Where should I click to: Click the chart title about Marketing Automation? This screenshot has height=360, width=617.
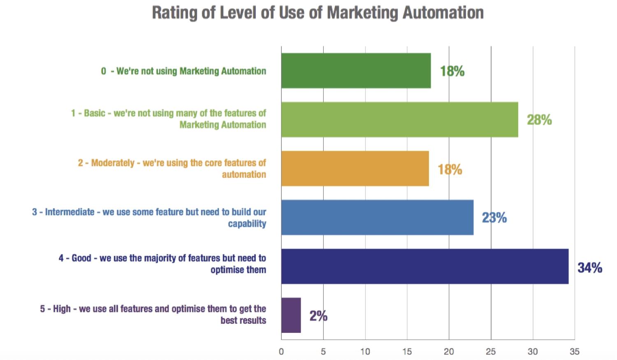pyautogui.click(x=318, y=13)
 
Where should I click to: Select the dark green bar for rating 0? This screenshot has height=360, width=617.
pyautogui.click(x=356, y=71)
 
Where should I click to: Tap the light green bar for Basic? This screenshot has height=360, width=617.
pyautogui.click(x=399, y=120)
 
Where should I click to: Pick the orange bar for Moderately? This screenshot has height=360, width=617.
pyautogui.click(x=355, y=169)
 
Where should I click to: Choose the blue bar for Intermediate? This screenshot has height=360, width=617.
pyautogui.click(x=377, y=218)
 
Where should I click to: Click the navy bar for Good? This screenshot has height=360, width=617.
pyautogui.click(x=425, y=267)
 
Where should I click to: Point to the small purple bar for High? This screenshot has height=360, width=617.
pyautogui.click(x=291, y=316)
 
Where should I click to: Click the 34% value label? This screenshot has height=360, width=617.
pyautogui.click(x=590, y=268)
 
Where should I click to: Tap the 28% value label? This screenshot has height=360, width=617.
pyautogui.click(x=539, y=120)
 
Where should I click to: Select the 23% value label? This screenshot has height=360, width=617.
pyautogui.click(x=494, y=218)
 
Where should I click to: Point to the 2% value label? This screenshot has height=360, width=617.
pyautogui.click(x=318, y=316)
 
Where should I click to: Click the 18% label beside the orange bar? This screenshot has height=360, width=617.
pyautogui.click(x=450, y=170)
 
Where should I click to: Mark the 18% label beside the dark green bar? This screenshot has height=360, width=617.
pyautogui.click(x=452, y=71)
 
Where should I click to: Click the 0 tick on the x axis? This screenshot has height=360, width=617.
pyautogui.click(x=281, y=352)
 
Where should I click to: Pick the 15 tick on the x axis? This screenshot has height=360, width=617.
pyautogui.click(x=407, y=352)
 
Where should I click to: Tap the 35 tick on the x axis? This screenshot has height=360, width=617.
pyautogui.click(x=574, y=352)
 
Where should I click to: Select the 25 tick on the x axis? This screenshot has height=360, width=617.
pyautogui.click(x=491, y=352)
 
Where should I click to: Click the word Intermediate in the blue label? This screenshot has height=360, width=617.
pyautogui.click(x=70, y=212)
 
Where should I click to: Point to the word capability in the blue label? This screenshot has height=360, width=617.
pyautogui.click(x=247, y=224)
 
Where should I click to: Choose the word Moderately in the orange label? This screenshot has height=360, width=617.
pyautogui.click(x=113, y=163)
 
